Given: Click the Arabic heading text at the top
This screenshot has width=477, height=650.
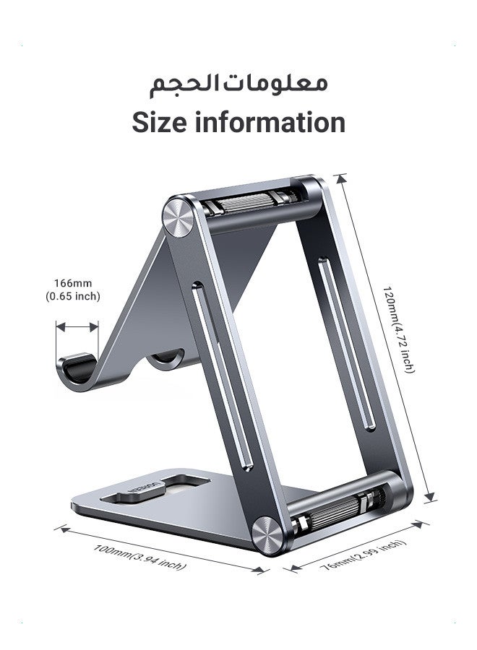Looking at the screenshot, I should [239, 82].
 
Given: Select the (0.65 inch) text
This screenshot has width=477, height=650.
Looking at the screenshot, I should [72, 296].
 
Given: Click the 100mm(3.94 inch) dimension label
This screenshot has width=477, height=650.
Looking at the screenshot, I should [140, 557].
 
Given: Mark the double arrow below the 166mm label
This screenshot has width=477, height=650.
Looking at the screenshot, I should [77, 327].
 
